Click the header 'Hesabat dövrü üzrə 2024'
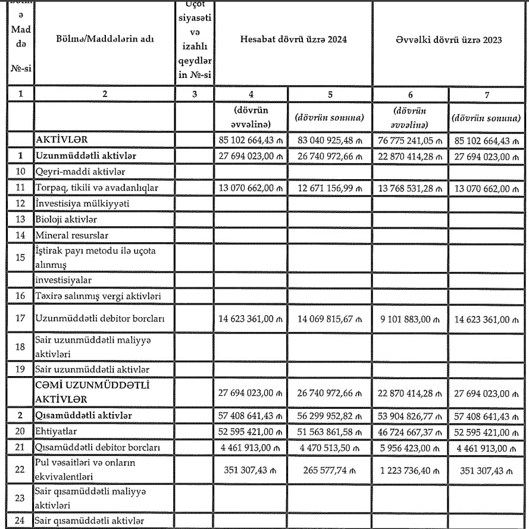(293, 40)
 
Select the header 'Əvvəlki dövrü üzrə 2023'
(450, 40)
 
